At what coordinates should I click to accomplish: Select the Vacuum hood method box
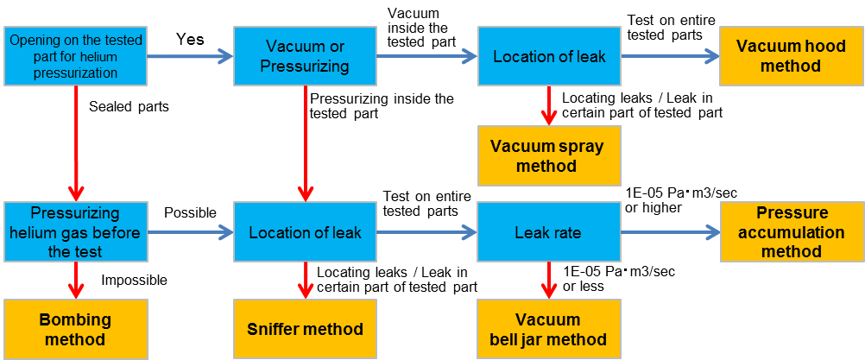coord(792,56)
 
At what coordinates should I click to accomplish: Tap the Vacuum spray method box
coord(546,155)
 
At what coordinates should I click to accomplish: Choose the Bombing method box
coord(75,329)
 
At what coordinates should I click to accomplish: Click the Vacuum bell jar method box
coord(548,329)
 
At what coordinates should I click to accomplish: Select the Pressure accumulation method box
coord(792,232)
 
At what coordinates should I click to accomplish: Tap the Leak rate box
coord(548,232)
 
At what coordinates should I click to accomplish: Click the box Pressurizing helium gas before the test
coord(75,232)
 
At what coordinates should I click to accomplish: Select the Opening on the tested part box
coord(75,56)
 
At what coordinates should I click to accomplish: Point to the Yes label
coord(190,40)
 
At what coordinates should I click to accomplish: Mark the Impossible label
coord(134,280)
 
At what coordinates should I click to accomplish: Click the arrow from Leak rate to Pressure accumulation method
coord(670,232)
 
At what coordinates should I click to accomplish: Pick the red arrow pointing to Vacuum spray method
coord(547,105)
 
